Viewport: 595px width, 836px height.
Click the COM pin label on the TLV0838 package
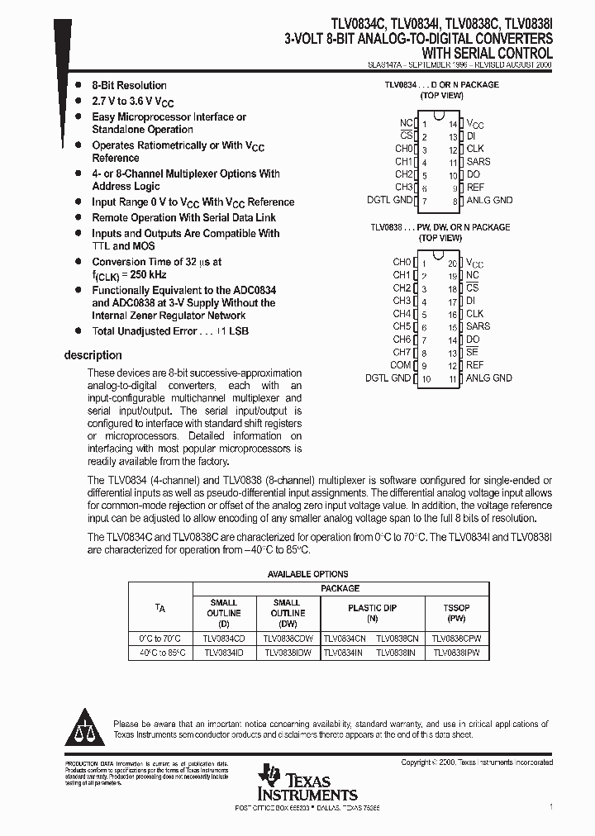(401, 365)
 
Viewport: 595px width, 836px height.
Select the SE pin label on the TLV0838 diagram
(472, 352)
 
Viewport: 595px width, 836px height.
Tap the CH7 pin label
(401, 352)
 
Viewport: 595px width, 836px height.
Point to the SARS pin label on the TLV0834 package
(478, 162)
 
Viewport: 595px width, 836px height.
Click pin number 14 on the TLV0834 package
(453, 123)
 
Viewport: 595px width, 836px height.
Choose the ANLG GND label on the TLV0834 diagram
(489, 200)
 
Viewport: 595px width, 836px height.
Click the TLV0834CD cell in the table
(223, 639)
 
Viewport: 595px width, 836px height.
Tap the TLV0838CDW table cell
(287, 639)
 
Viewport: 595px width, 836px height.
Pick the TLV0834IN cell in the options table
(343, 653)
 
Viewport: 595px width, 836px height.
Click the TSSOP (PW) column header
(456, 612)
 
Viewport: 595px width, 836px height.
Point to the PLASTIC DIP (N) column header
(372, 612)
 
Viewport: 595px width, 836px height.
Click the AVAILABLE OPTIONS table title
(307, 574)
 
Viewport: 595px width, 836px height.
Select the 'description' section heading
(93, 355)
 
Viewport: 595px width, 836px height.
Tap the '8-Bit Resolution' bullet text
(129, 85)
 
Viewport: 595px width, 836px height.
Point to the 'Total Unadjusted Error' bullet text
(169, 330)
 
